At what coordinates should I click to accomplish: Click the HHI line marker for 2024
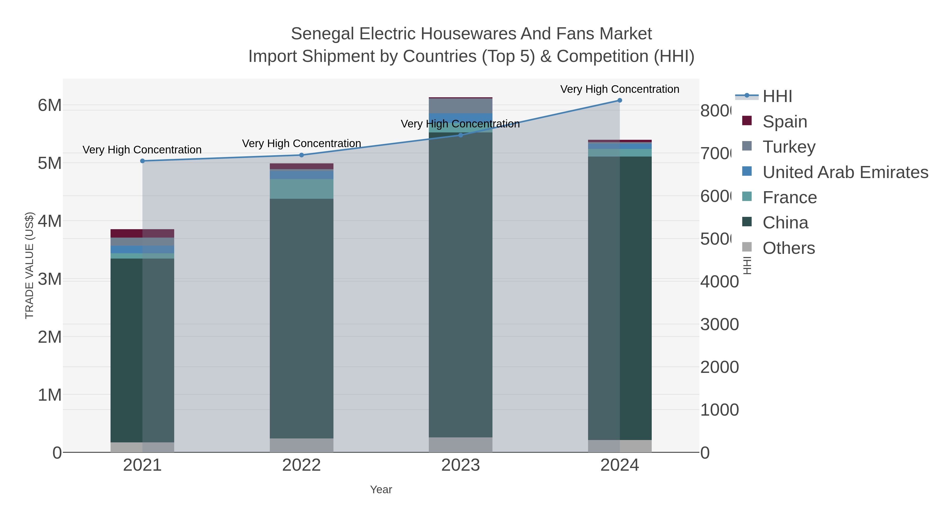pos(619,100)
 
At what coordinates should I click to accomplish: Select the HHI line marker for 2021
pos(142,161)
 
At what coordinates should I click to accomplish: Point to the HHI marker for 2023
pos(460,135)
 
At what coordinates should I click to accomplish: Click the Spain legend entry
pos(785,121)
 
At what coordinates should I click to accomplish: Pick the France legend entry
pos(789,197)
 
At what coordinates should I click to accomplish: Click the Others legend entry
pos(788,248)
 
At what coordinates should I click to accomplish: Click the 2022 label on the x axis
pos(301,465)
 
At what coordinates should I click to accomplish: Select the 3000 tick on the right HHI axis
pos(719,325)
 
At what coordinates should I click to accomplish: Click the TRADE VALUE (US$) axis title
pos(29,265)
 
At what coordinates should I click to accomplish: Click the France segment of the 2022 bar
pos(301,189)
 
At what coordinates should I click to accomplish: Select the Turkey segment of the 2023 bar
pos(460,106)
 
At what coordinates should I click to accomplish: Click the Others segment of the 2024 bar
pos(619,446)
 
